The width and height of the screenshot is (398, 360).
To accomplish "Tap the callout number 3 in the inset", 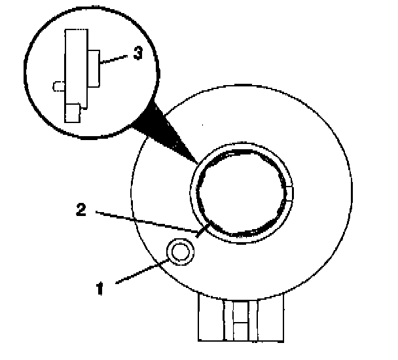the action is click(137, 54).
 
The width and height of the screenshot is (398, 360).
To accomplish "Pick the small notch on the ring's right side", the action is click(289, 192).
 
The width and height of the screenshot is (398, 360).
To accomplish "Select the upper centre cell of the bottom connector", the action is click(241, 311).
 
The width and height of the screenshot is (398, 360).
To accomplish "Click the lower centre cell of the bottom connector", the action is click(241, 331).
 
